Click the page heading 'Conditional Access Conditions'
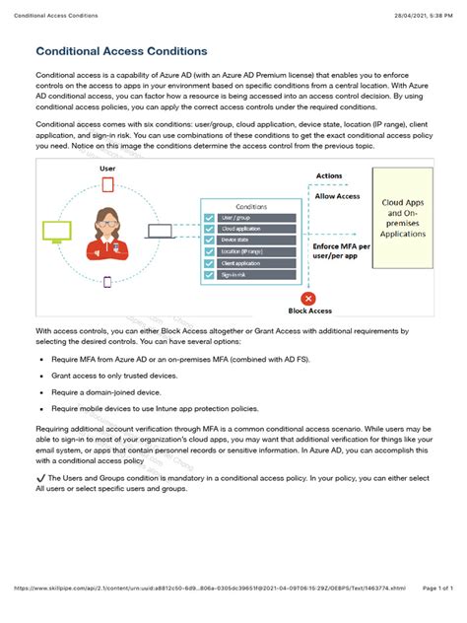[121, 50]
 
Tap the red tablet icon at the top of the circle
[107, 186]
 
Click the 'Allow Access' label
[338, 196]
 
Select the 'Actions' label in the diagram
[329, 175]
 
